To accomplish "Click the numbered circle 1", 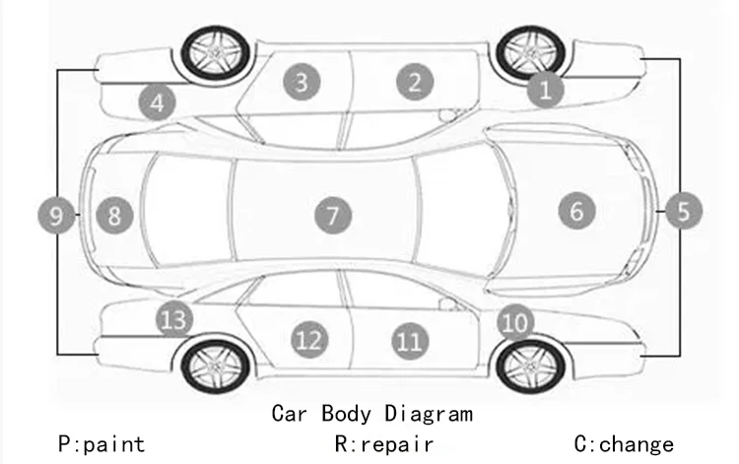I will (x=545, y=91).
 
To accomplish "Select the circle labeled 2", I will (x=415, y=82).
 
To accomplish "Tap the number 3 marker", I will (x=302, y=82).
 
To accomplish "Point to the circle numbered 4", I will (x=157, y=100).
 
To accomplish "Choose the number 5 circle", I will (x=684, y=210).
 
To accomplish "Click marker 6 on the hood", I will (x=577, y=209).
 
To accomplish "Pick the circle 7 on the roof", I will (x=333, y=214).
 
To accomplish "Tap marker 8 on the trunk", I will (x=114, y=214).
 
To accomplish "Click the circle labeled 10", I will (x=514, y=320).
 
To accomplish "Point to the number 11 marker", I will (x=409, y=341).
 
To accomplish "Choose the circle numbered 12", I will (x=308, y=340).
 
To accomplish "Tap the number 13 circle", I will (x=173, y=319).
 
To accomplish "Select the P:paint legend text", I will (x=101, y=444).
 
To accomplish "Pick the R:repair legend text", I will (x=384, y=444).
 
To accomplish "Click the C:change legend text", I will (x=624, y=444).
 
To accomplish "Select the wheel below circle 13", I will (x=211, y=366).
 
